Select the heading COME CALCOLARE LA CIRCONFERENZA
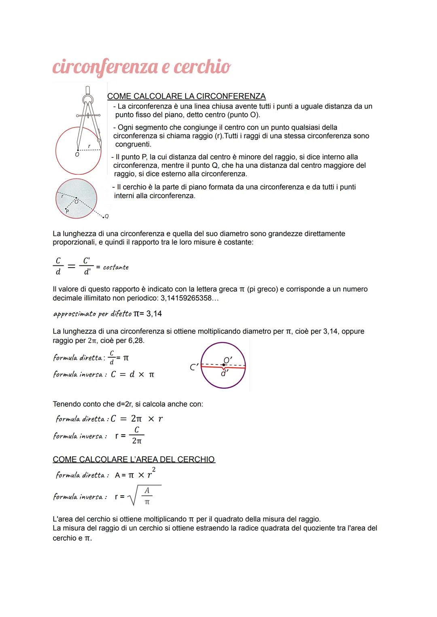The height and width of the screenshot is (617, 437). tap(186, 96)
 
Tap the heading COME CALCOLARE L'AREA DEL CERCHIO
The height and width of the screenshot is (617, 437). tap(134, 460)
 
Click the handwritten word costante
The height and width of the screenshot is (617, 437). tap(116, 267)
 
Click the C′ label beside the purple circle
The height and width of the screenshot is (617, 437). tap(194, 367)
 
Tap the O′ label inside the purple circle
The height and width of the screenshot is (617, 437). tap(228, 360)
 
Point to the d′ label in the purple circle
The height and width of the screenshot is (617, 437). tap(224, 373)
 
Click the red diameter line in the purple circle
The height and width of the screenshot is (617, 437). tap(235, 367)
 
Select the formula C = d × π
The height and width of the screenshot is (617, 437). tap(132, 375)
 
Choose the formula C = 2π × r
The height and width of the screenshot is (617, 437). tap(137, 419)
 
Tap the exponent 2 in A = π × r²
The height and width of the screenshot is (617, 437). tap(154, 469)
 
